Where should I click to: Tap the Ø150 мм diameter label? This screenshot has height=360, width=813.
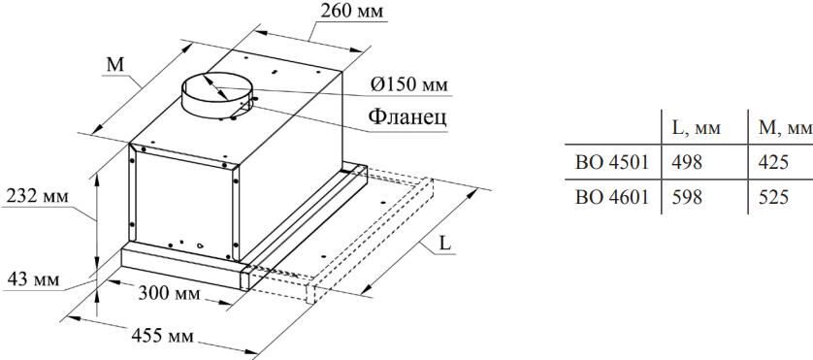click(x=408, y=84)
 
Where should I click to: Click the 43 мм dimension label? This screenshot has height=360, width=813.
click(x=32, y=279)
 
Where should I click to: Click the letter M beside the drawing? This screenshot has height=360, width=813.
click(x=115, y=65)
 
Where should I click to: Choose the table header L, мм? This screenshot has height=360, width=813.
click(x=695, y=127)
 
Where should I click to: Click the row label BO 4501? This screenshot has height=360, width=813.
click(x=612, y=161)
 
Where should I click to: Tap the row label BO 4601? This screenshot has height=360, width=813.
click(x=612, y=197)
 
